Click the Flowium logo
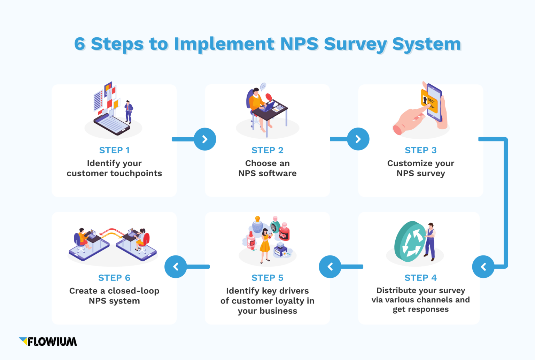tap(48, 342)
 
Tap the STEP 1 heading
tap(114, 150)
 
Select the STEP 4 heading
tap(420, 278)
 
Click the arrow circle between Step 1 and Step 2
tap(205, 139)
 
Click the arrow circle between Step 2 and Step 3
tap(358, 139)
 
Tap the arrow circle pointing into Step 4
tap(483, 267)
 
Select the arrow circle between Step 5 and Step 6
tap(176, 267)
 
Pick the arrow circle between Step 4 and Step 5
tap(330, 267)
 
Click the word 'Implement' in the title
tap(224, 44)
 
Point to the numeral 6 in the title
tap(79, 44)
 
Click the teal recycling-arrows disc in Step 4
tap(410, 242)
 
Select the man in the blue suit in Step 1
tap(129, 111)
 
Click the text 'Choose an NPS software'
tap(267, 168)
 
